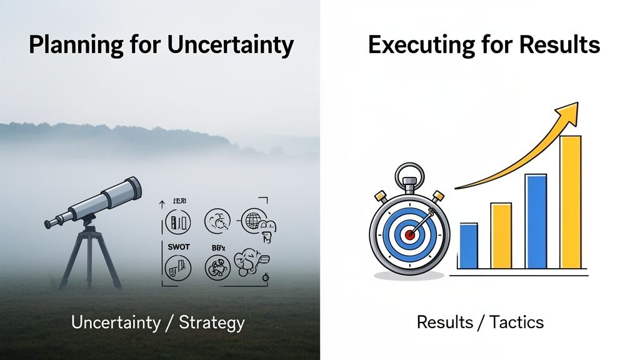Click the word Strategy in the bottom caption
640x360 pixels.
pyautogui.click(x=211, y=323)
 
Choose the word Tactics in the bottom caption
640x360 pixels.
pyautogui.click(x=517, y=322)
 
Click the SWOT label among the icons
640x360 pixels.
pyautogui.click(x=178, y=246)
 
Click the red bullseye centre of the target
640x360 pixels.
pyautogui.click(x=409, y=235)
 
